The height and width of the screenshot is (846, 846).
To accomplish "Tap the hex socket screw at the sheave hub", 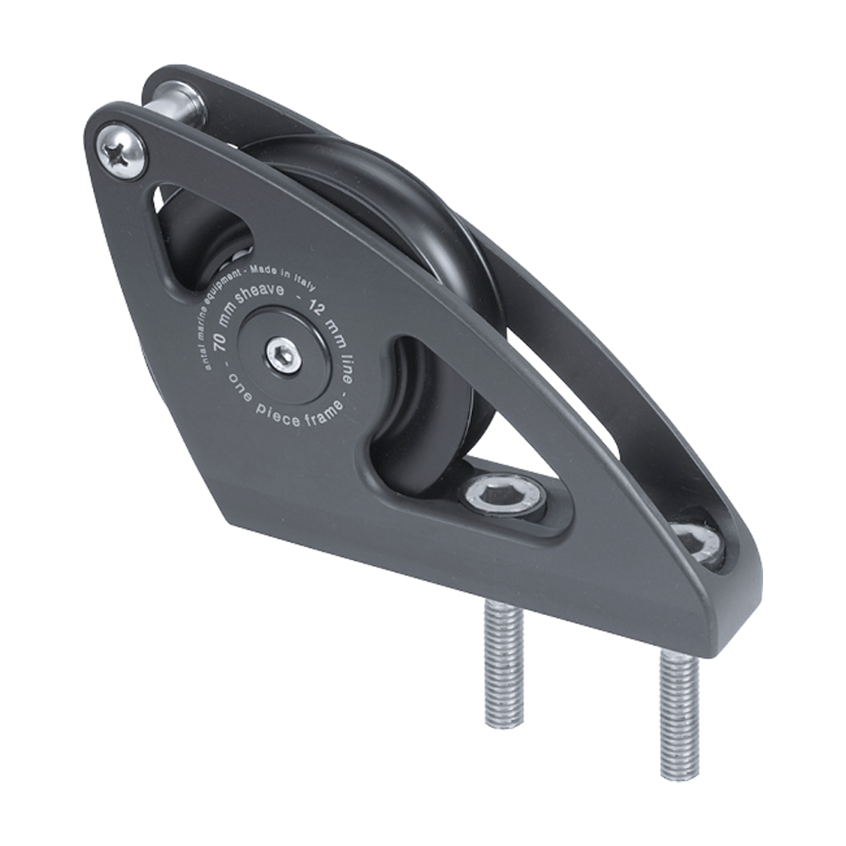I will [283, 354].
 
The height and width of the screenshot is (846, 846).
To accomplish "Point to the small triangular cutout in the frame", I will [203, 238].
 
